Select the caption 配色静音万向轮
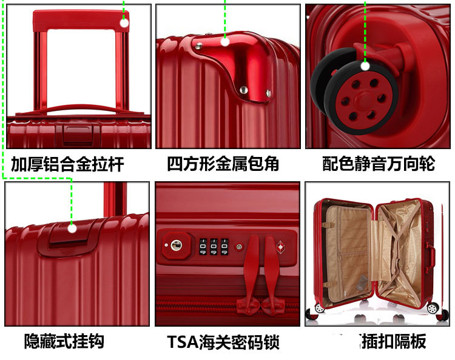tap(379, 164)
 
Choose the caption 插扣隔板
tap(393, 341)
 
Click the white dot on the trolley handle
tap(124, 24)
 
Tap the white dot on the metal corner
tap(225, 41)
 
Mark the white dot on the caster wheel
tap(366, 66)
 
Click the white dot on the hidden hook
tap(72, 228)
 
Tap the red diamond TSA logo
tap(280, 247)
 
